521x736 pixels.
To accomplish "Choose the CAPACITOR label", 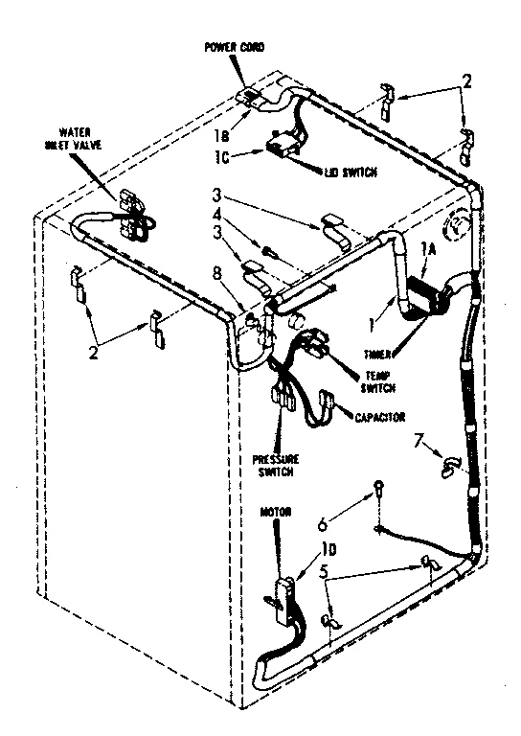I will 377,418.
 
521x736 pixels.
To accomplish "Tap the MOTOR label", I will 277,513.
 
